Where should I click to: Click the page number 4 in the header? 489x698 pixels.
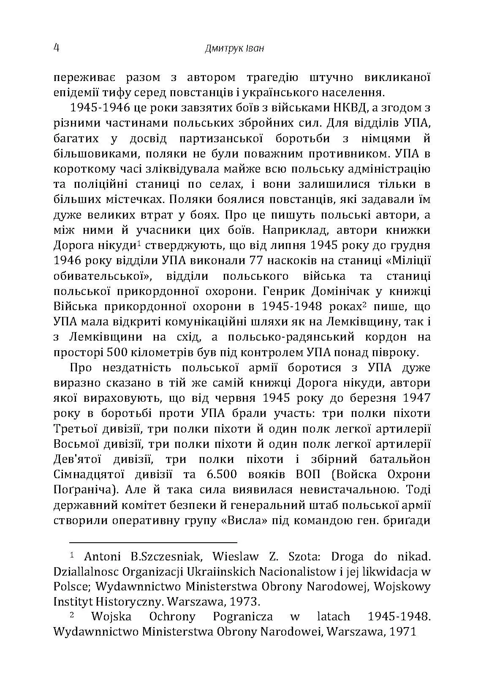(x=56, y=47)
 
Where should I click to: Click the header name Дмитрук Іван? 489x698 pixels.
(x=234, y=49)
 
